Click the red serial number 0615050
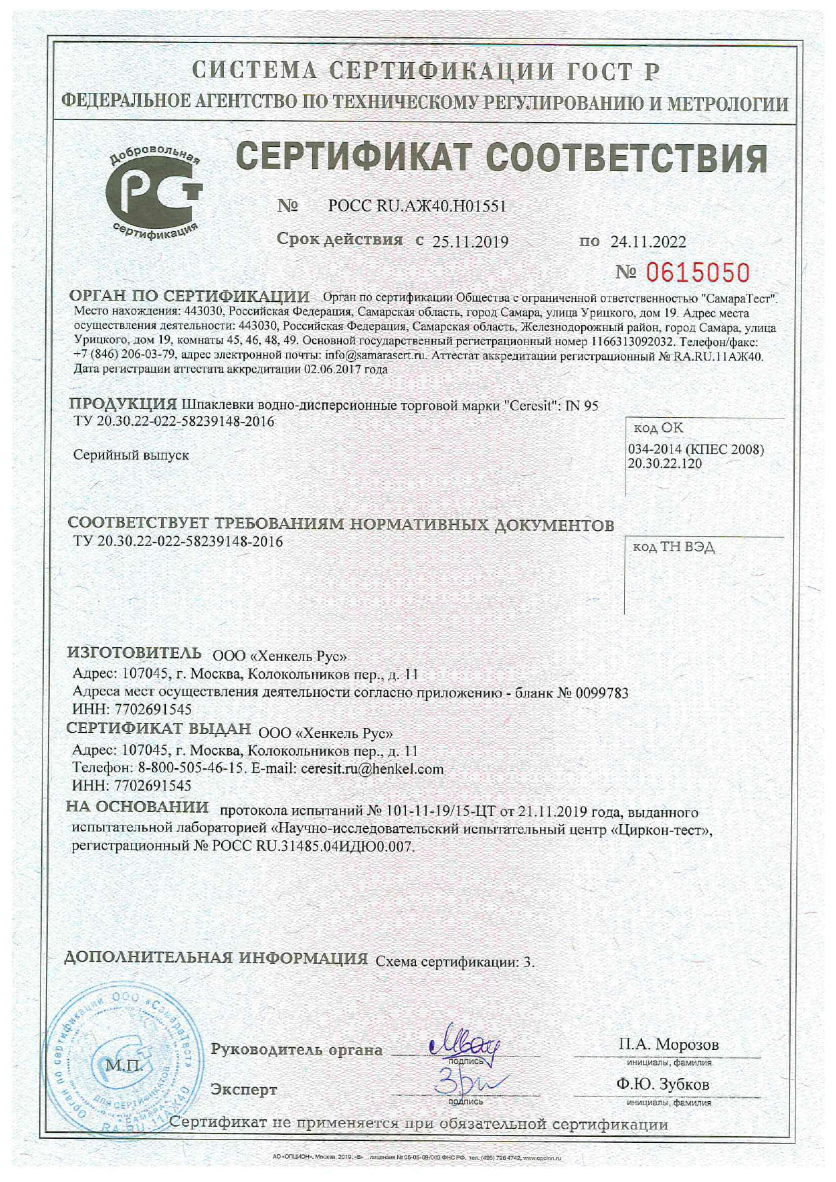[x=698, y=273]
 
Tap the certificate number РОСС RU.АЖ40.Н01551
[x=417, y=206]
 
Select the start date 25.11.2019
[x=470, y=241]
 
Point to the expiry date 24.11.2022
[x=648, y=241]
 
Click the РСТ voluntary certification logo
[x=154, y=191]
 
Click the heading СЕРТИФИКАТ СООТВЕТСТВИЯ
[x=502, y=158]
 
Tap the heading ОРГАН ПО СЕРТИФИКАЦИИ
[x=189, y=297]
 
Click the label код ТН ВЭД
[x=673, y=547]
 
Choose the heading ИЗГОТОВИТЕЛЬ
[x=134, y=652]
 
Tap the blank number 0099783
[x=602, y=692]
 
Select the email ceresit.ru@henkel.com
[x=372, y=768]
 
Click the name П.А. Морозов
[x=668, y=1045]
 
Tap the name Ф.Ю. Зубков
[x=662, y=1084]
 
